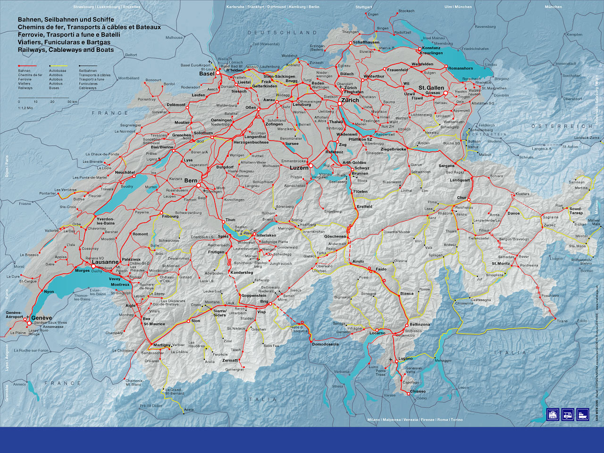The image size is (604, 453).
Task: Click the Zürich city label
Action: (x=350, y=100)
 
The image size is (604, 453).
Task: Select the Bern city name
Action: (x=191, y=181)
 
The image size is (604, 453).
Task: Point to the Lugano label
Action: (x=405, y=359)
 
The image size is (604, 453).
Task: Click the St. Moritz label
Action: (x=500, y=264)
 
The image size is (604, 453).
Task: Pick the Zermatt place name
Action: (x=230, y=360)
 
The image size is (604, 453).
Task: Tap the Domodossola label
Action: (x=325, y=344)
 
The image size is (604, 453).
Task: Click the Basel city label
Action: (x=207, y=74)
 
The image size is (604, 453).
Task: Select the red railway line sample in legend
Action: (x=27, y=66)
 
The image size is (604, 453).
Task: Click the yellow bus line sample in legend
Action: (x=58, y=66)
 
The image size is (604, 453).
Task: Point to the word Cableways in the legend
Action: (x=87, y=88)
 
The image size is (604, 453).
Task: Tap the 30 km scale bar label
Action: (x=72, y=101)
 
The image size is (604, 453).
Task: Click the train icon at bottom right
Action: (x=553, y=414)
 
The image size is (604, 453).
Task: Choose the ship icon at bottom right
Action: (x=583, y=414)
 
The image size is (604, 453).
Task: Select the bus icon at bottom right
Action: (x=568, y=414)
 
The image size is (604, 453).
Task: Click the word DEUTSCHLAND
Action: (x=283, y=33)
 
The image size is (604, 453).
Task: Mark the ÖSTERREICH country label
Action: (x=562, y=126)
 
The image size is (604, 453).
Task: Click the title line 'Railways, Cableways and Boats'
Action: (x=66, y=50)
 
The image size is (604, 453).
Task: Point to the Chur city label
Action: (x=461, y=198)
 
